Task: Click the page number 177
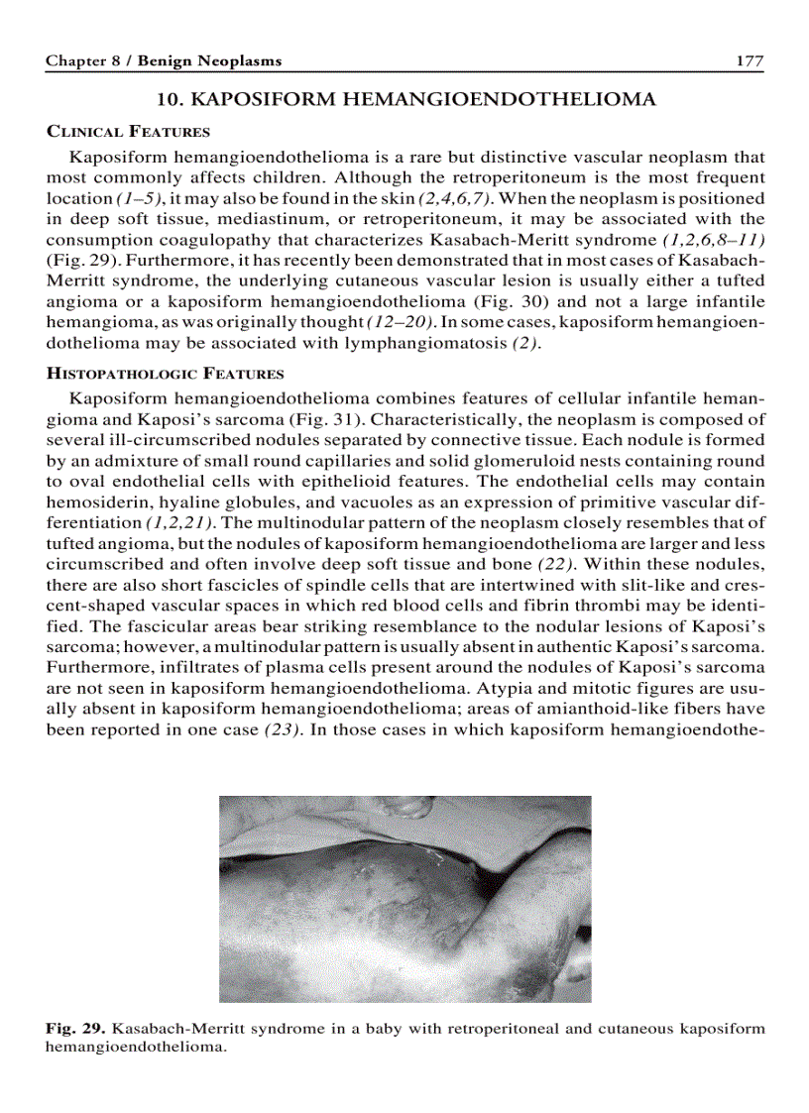pyautogui.click(x=749, y=61)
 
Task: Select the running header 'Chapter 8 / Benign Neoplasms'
pyautogui.click(x=164, y=61)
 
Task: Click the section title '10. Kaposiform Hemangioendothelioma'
pyautogui.click(x=406, y=100)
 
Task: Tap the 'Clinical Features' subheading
pyautogui.click(x=128, y=132)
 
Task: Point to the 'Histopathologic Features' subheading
pyautogui.click(x=165, y=374)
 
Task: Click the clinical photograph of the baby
pyautogui.click(x=404, y=899)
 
